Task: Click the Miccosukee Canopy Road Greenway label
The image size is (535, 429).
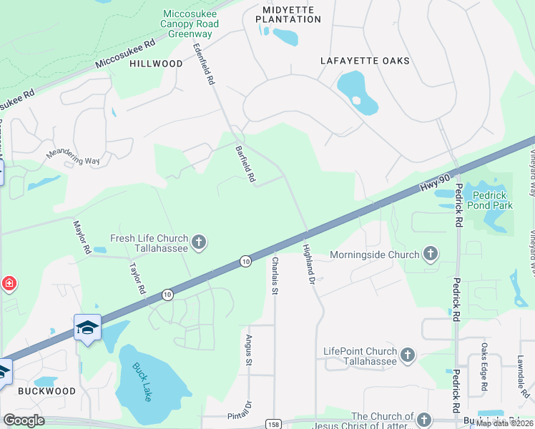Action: pyautogui.click(x=190, y=24)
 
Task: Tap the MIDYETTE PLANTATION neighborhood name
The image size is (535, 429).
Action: pyautogui.click(x=287, y=14)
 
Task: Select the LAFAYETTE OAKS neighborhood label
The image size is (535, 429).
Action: pyautogui.click(x=365, y=61)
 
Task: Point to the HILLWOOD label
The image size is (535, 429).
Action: pyautogui.click(x=156, y=64)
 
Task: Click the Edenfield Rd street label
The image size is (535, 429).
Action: pyautogui.click(x=204, y=64)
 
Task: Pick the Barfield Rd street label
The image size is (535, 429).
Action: pyautogui.click(x=245, y=164)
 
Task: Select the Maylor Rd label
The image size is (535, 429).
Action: pyautogui.click(x=82, y=237)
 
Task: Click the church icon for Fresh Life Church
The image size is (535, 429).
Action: pyautogui.click(x=199, y=243)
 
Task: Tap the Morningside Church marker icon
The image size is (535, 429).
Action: pyautogui.click(x=430, y=254)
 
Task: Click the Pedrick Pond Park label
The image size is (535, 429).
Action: pyautogui.click(x=488, y=200)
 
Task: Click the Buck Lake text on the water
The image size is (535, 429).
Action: pyautogui.click(x=142, y=383)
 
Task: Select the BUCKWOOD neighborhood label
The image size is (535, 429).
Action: pyautogui.click(x=46, y=391)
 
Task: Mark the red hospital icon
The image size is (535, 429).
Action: pyautogui.click(x=9, y=284)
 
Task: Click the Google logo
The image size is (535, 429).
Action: pyautogui.click(x=24, y=420)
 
